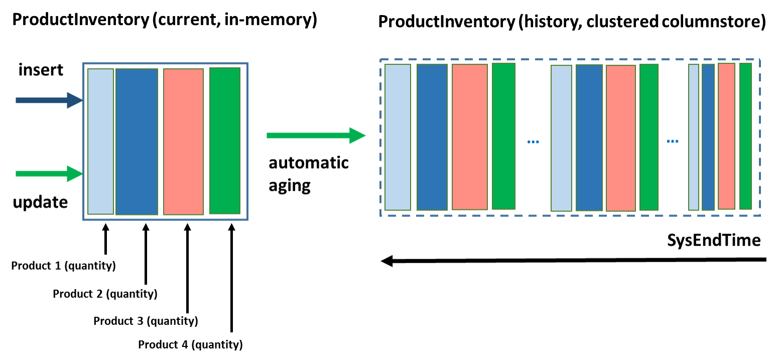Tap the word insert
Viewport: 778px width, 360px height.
point(41,70)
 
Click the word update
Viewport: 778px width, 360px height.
point(40,202)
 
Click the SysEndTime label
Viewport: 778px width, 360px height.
point(713,240)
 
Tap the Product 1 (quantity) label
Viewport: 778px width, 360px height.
point(63,266)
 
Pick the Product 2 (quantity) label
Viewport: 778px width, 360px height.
point(105,294)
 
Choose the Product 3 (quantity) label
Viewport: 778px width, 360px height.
point(146,320)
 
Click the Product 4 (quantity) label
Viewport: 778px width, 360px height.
point(190,345)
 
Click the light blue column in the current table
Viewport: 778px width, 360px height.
point(100,141)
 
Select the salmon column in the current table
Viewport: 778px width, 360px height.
point(183,142)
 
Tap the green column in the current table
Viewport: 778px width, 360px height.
point(224,141)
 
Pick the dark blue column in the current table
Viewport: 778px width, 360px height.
point(137,142)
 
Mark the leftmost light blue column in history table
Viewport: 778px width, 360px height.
point(398,137)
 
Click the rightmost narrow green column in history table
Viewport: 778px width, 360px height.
point(745,136)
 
